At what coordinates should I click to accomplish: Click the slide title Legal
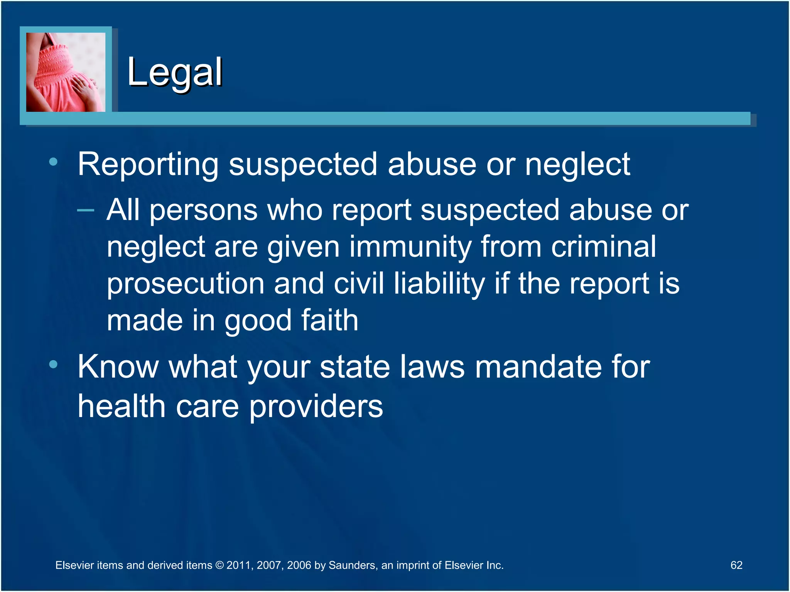click(174, 72)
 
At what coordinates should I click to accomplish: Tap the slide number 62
click(736, 565)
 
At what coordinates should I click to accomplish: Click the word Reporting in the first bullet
click(148, 165)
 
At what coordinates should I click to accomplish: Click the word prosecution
click(186, 284)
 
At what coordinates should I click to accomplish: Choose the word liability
click(439, 284)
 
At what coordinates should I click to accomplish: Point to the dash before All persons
click(86, 210)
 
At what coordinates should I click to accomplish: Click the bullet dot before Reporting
click(54, 162)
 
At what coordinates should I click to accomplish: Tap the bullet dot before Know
click(54, 364)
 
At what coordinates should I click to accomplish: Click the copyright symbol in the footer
click(219, 565)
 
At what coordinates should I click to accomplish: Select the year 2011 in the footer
click(239, 565)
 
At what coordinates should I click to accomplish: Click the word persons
click(203, 210)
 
